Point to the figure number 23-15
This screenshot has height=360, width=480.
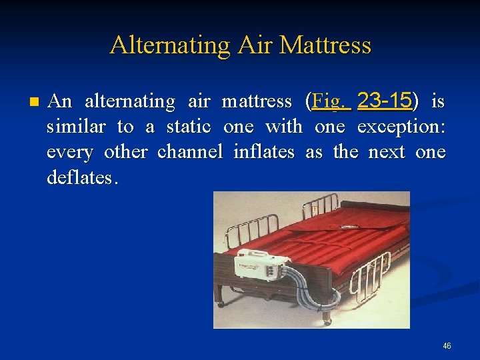[x=384, y=101]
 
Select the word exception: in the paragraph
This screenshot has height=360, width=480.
[x=401, y=127]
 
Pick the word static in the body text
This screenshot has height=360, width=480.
[x=188, y=127]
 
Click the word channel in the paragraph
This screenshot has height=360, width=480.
[x=190, y=152]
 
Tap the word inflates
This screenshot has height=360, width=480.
[x=264, y=152]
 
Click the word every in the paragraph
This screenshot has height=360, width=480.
[x=70, y=152]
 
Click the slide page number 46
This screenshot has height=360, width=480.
[x=447, y=346]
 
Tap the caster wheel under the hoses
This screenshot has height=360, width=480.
[x=327, y=321]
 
